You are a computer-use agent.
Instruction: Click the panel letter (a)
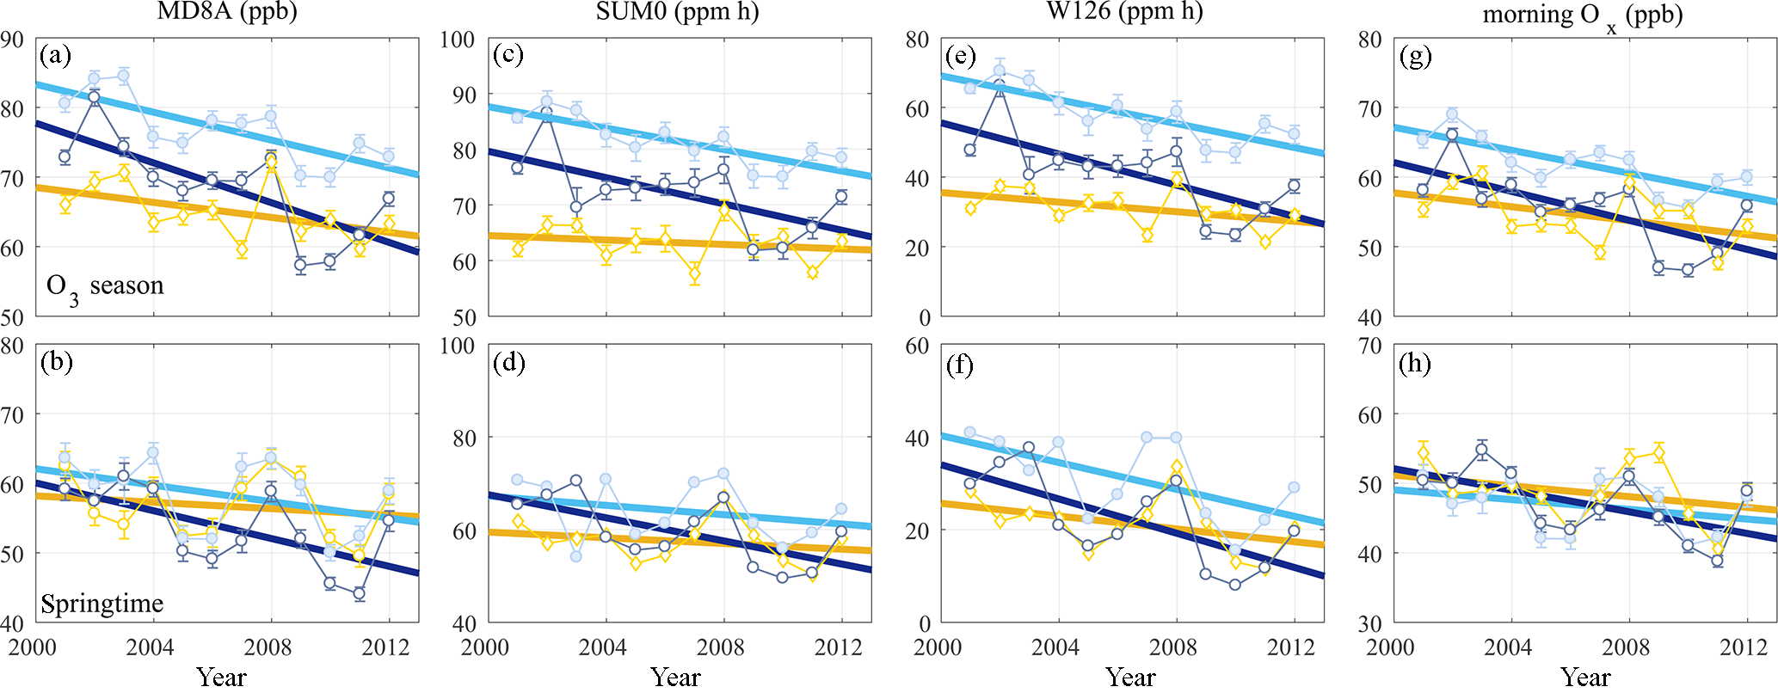(x=55, y=57)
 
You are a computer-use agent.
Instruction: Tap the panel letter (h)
(x=1415, y=364)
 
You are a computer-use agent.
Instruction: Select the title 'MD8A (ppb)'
(x=227, y=12)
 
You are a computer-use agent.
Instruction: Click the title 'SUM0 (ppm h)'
(x=677, y=12)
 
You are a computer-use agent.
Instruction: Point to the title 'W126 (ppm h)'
(x=1124, y=12)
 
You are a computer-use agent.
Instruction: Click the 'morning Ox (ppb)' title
(x=1583, y=15)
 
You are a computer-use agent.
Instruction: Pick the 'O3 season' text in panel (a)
(x=104, y=286)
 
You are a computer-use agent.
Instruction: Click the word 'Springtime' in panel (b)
(x=102, y=604)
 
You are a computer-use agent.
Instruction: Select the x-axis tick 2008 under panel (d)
(x=720, y=647)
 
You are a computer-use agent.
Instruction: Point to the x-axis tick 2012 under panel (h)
(x=1744, y=647)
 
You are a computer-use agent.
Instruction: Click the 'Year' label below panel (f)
(x=1130, y=678)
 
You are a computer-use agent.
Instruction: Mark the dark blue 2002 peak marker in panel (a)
(x=94, y=97)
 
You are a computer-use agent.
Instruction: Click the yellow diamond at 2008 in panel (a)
(x=271, y=163)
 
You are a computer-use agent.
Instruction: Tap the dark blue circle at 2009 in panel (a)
(x=300, y=265)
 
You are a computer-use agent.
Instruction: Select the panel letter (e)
(x=960, y=57)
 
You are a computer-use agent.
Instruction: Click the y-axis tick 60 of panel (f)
(x=918, y=346)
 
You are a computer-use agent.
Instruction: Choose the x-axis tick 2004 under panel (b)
(x=150, y=647)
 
